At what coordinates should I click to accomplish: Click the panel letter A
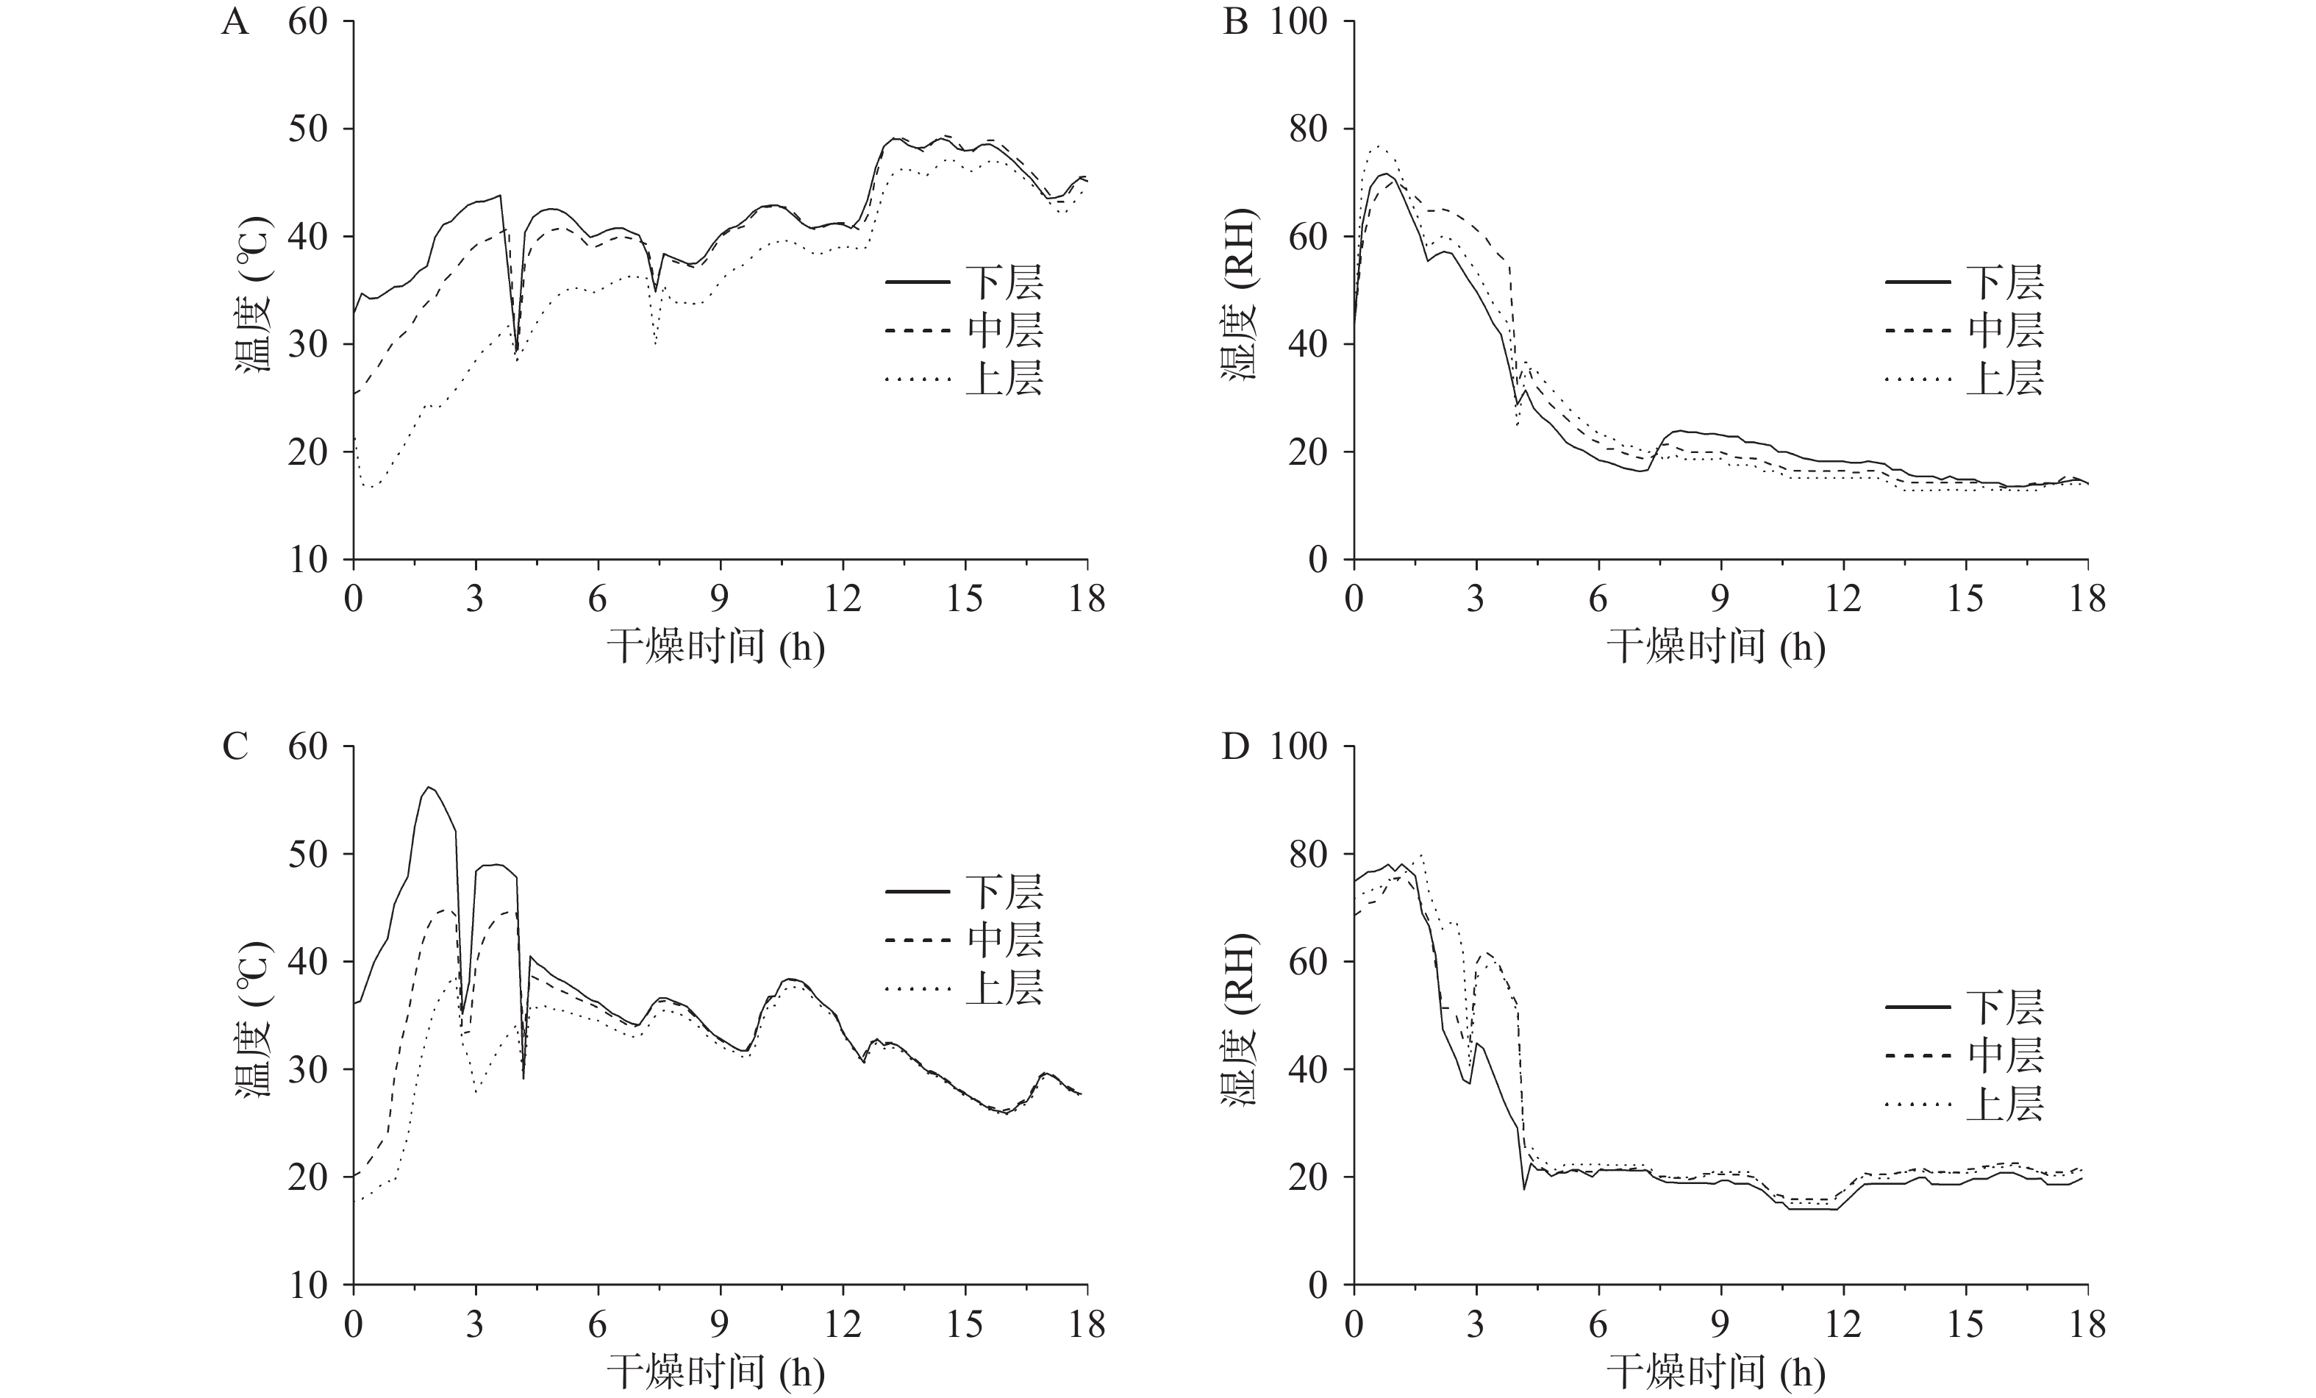(235, 21)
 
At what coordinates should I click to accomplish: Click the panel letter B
(1235, 21)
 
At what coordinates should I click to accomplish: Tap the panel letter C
(235, 746)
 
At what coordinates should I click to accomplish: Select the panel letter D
(1235, 746)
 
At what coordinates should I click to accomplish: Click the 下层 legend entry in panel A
(1004, 282)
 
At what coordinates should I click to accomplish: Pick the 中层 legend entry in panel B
(2004, 331)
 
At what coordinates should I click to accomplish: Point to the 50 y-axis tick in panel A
(307, 129)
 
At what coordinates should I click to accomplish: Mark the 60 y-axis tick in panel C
(307, 746)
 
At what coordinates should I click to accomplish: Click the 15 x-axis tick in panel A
(965, 598)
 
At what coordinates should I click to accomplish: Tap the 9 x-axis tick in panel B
(1721, 598)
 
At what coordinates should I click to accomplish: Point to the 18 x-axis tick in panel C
(1087, 1324)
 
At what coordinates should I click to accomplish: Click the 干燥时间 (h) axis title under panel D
(1715, 1372)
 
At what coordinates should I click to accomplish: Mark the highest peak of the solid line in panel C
(429, 787)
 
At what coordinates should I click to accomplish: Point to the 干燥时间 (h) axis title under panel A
(715, 647)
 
